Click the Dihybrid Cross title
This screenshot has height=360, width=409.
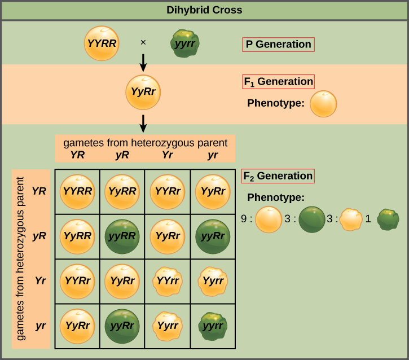pyautogui.click(x=204, y=10)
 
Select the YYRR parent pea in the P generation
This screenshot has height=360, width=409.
pyautogui.click(x=102, y=43)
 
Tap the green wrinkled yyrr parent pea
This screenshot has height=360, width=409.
pyautogui.click(x=186, y=44)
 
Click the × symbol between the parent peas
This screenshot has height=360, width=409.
pyautogui.click(x=143, y=42)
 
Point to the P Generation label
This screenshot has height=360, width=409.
pyautogui.click(x=278, y=45)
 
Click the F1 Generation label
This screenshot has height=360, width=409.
pyautogui.click(x=278, y=81)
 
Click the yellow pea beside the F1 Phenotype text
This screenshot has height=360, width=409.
pyautogui.click(x=324, y=104)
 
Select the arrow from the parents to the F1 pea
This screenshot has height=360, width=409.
pyautogui.click(x=143, y=62)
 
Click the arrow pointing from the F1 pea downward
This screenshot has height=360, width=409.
pyautogui.click(x=143, y=123)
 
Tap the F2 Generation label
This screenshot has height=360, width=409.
pyautogui.click(x=278, y=176)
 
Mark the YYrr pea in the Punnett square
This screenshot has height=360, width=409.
pyautogui.click(x=167, y=280)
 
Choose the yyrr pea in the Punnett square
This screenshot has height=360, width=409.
pyautogui.click(x=213, y=326)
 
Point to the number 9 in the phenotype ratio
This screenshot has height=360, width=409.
pyautogui.click(x=244, y=218)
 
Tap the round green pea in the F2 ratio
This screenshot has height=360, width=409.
pyautogui.click(x=311, y=219)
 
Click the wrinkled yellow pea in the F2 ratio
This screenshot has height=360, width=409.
pyautogui.click(x=351, y=219)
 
